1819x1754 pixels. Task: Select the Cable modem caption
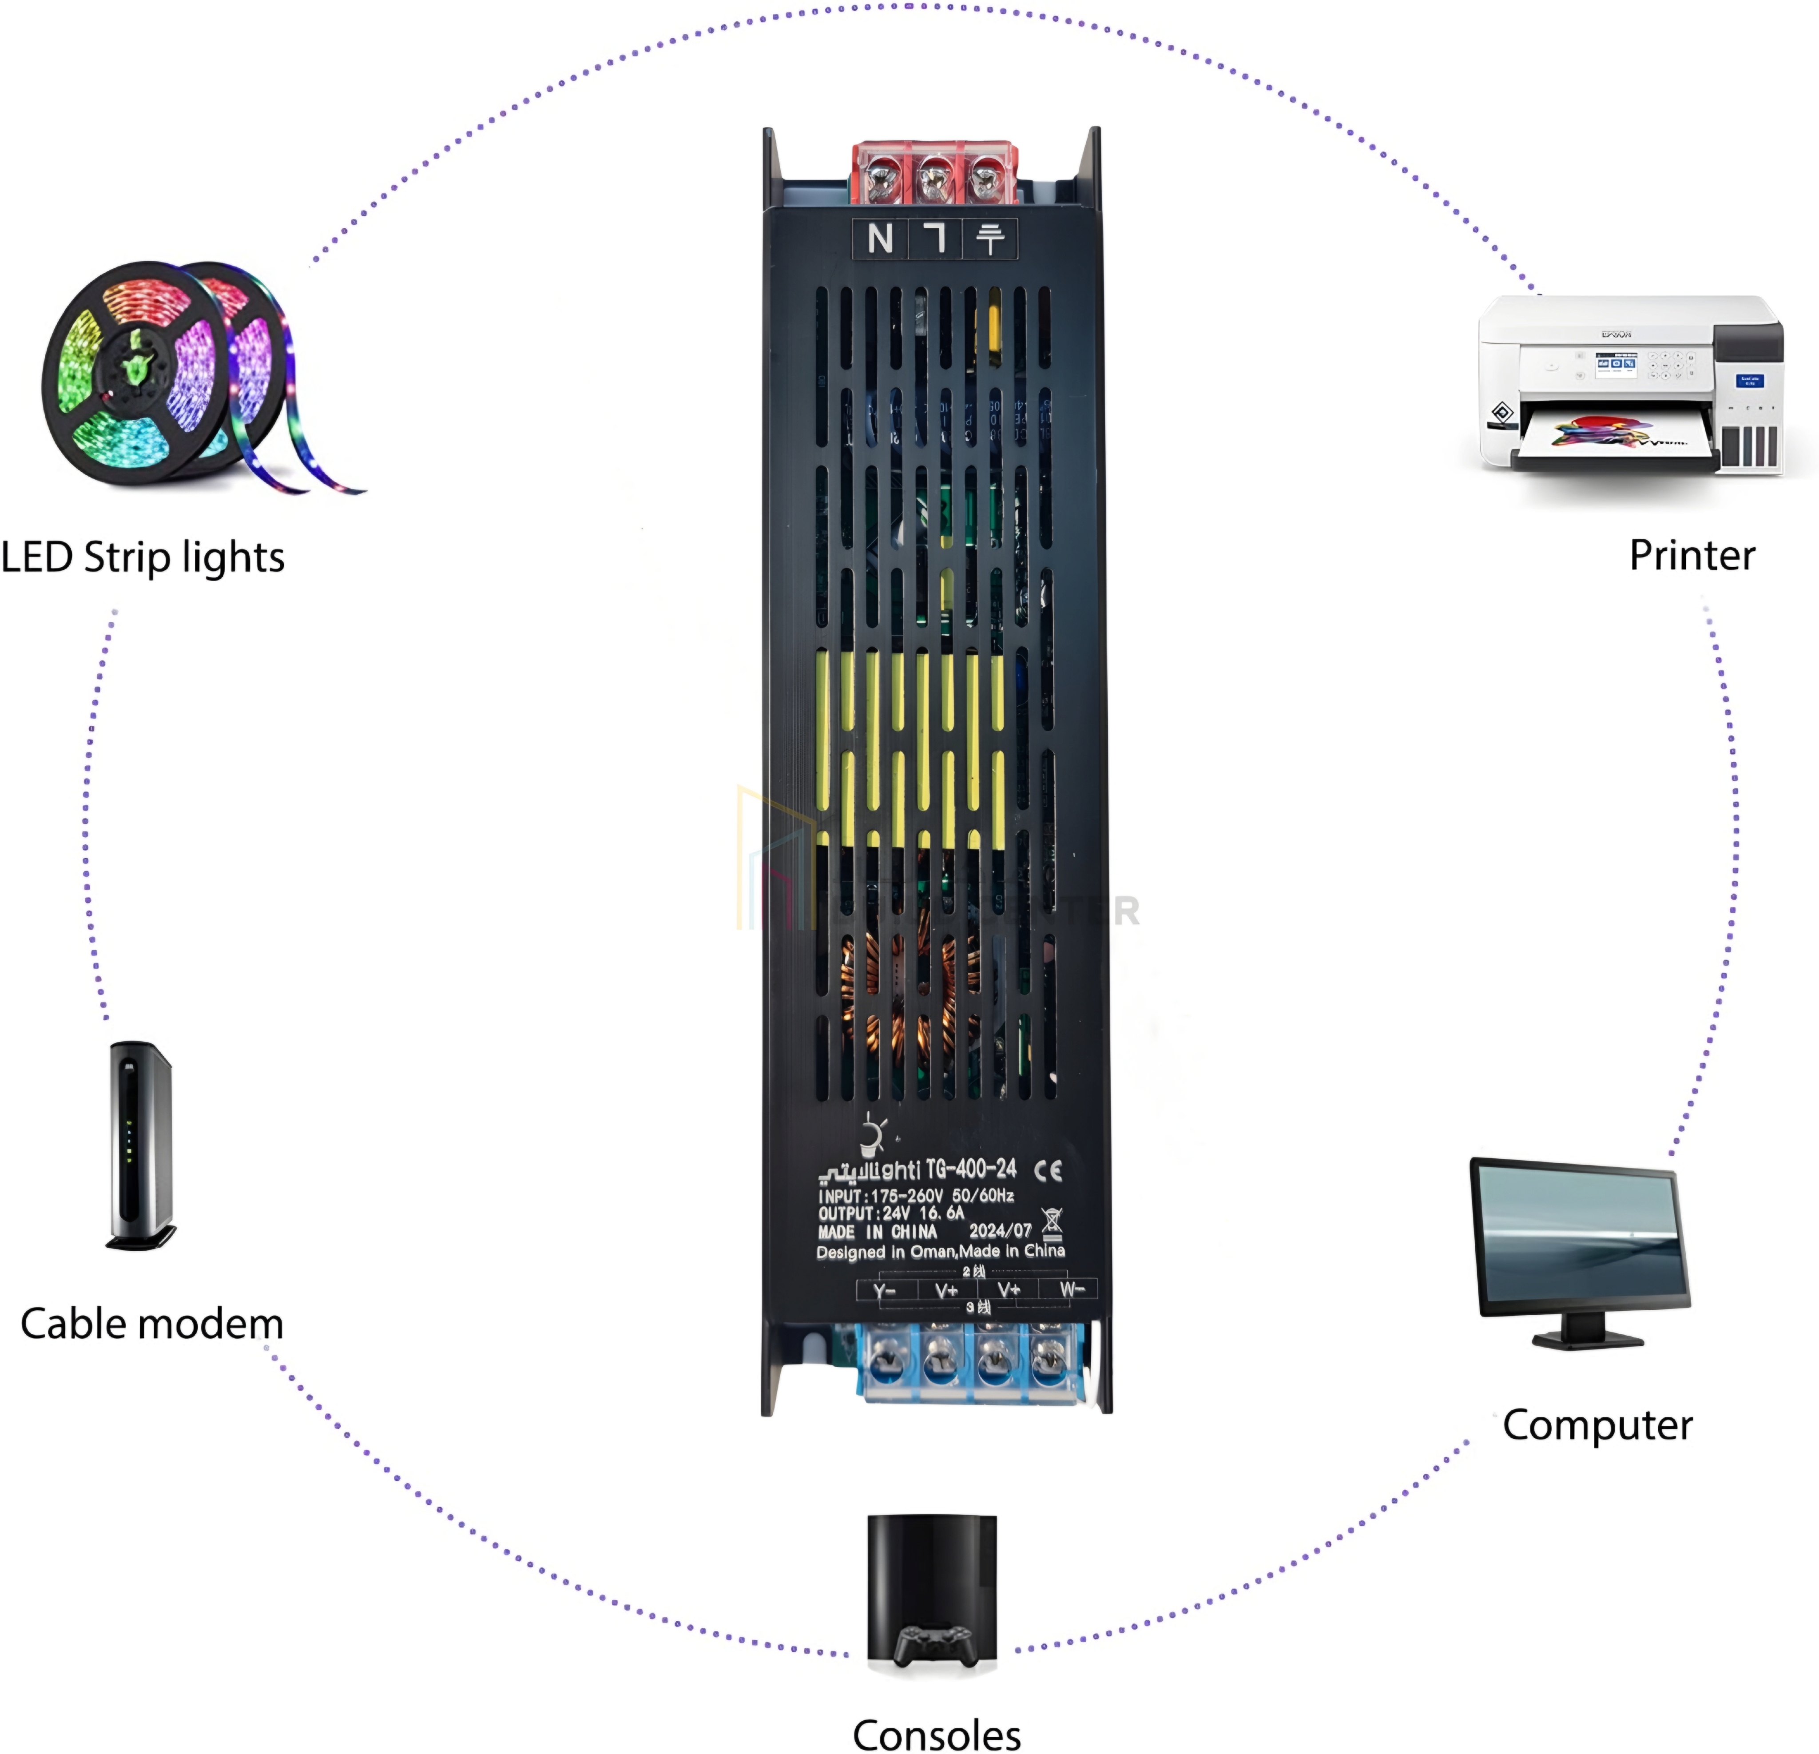coord(151,1324)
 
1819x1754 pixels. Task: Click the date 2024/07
coord(1000,1231)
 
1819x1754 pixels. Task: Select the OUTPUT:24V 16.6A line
coord(891,1213)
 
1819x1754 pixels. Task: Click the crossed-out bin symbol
coord(1052,1223)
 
